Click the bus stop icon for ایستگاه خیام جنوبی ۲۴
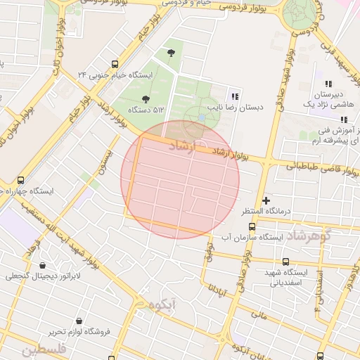click(115, 63)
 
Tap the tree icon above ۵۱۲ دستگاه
click(146, 99)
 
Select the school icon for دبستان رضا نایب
click(235, 96)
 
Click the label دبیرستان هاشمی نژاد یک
click(330, 98)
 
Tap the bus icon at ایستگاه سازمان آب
click(252, 226)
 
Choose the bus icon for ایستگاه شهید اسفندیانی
click(285, 262)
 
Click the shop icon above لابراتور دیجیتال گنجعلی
click(45, 266)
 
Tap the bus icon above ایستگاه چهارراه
click(20, 180)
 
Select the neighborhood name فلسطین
click(43, 349)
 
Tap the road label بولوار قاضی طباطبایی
click(317, 167)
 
